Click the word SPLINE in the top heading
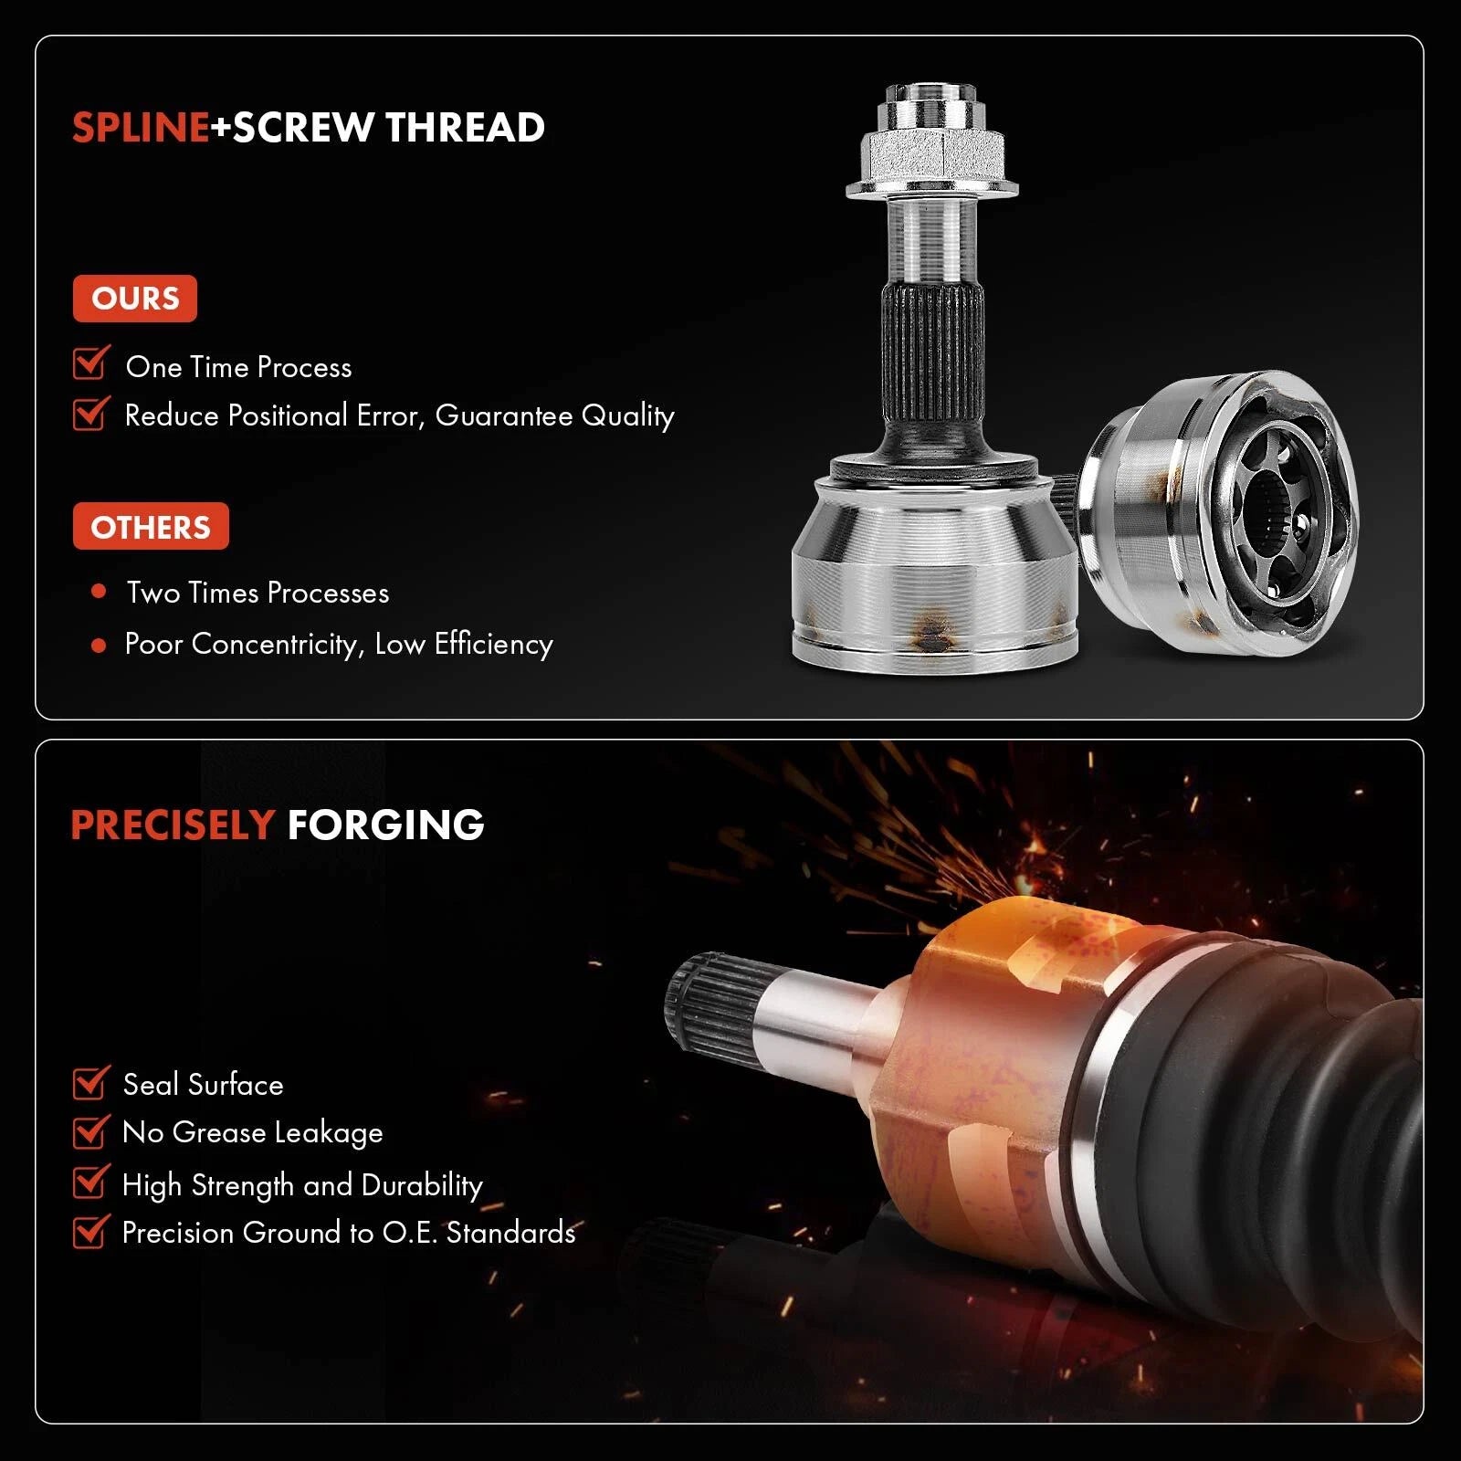(x=141, y=127)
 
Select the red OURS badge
(x=135, y=299)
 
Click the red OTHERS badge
(x=151, y=527)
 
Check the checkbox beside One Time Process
(x=91, y=363)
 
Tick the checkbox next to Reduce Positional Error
(x=91, y=413)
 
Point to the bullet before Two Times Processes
(x=100, y=592)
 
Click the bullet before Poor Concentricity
(x=100, y=646)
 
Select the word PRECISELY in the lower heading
(x=173, y=825)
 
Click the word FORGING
(x=385, y=825)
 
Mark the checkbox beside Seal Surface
(x=91, y=1083)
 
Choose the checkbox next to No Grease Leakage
(x=91, y=1131)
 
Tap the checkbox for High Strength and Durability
(x=91, y=1182)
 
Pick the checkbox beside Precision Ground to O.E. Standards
(x=91, y=1232)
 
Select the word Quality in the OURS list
(x=627, y=416)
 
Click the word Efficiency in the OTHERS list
(x=493, y=644)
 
